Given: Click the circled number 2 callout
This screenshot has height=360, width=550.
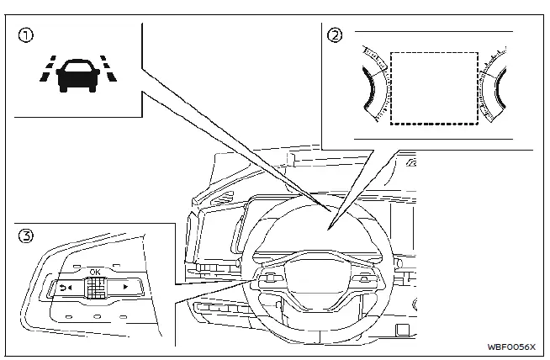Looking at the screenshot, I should coord(335,35).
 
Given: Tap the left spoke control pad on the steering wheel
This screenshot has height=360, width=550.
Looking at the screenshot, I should coord(273,278).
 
